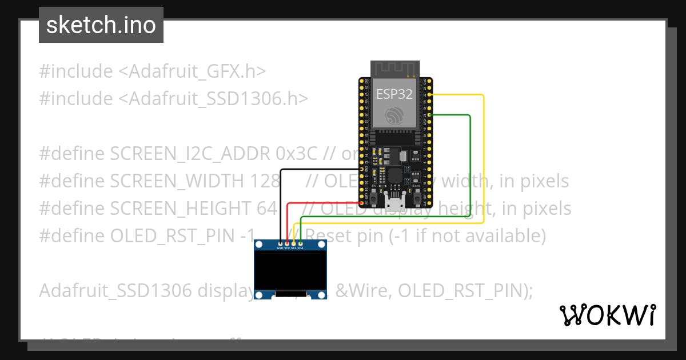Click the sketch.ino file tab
pyautogui.click(x=101, y=25)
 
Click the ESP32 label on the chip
pyautogui.click(x=394, y=94)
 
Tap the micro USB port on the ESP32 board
pyautogui.click(x=394, y=201)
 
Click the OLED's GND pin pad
pyautogui.click(x=280, y=243)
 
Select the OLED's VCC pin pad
pyautogui.click(x=287, y=243)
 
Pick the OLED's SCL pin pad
pyautogui.click(x=294, y=243)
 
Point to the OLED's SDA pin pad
pyautogui.click(x=301, y=243)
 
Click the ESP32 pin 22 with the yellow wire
pyautogui.click(x=428, y=95)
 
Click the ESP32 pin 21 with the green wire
pyautogui.click(x=428, y=115)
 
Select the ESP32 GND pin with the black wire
pyautogui.click(x=361, y=169)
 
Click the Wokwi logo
pyautogui.click(x=607, y=315)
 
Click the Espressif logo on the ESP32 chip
pyautogui.click(x=394, y=115)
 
